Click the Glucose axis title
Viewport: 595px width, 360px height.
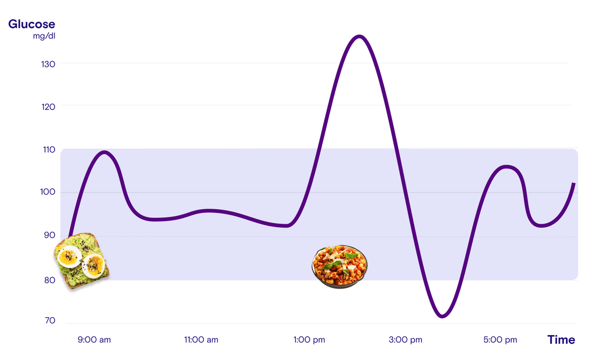(x=31, y=24)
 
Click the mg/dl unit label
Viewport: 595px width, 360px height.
(x=44, y=36)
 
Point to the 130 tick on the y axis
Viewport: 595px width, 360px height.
(x=48, y=64)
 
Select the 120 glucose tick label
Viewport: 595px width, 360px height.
(x=48, y=106)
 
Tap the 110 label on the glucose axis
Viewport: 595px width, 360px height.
(x=49, y=149)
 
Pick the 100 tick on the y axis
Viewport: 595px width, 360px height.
(x=48, y=192)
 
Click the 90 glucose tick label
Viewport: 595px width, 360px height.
(x=49, y=235)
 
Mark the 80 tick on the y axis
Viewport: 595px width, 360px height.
(x=49, y=280)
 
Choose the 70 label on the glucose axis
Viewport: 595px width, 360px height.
(x=50, y=321)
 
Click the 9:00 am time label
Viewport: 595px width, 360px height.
(x=94, y=340)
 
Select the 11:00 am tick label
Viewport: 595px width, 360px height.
(x=201, y=340)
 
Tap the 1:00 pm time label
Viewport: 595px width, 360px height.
(x=309, y=340)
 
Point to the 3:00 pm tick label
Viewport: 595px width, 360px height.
(x=405, y=340)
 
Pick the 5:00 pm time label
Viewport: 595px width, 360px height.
(x=500, y=340)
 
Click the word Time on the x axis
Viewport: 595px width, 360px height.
(x=561, y=340)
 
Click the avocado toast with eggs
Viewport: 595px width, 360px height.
(x=82, y=261)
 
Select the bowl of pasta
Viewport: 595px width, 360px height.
(x=340, y=266)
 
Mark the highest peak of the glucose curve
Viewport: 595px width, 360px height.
(x=360, y=36)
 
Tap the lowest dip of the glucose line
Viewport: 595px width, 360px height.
(x=443, y=316)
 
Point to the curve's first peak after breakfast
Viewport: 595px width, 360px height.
(x=104, y=152)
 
